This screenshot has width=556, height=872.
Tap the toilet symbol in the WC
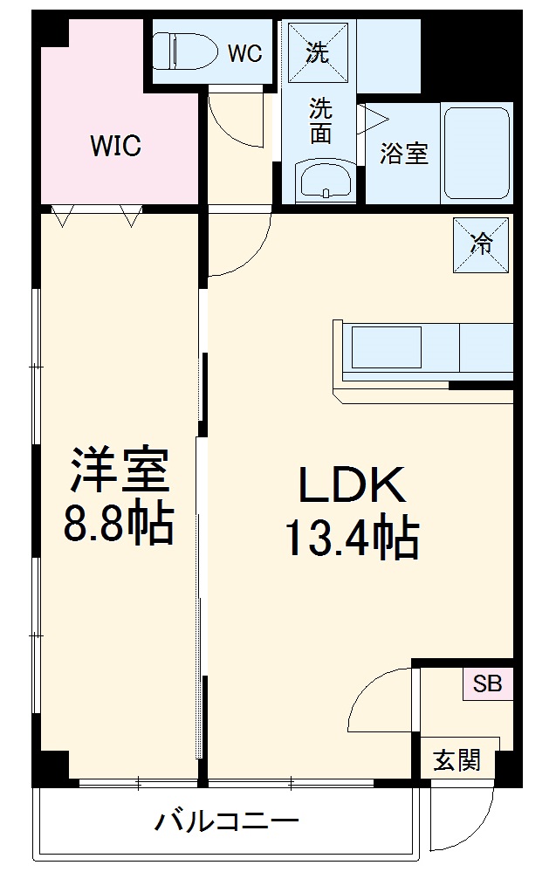[184, 51]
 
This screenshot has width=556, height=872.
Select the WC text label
[244, 53]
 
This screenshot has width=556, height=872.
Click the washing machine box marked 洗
[318, 52]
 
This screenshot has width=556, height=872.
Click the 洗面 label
[321, 121]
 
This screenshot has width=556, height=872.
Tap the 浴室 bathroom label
[403, 154]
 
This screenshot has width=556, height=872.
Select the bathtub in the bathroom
[477, 154]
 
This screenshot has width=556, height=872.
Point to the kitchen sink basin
[388, 347]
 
